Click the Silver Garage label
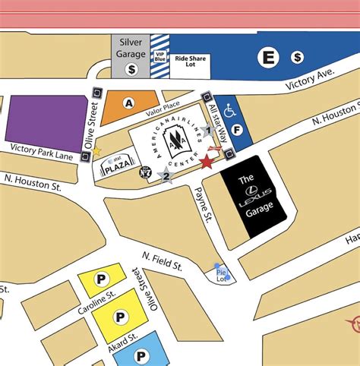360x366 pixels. tap(130, 47)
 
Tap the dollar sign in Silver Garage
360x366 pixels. tap(131, 68)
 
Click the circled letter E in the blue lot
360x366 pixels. tap(267, 56)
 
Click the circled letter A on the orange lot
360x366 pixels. tap(129, 103)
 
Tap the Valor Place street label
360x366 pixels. tap(163, 109)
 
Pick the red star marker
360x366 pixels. tap(206, 161)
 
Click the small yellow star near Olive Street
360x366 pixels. tap(96, 151)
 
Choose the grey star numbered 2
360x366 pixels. tap(166, 176)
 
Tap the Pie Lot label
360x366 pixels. tap(221, 274)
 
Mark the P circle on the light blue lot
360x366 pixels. tap(141, 355)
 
